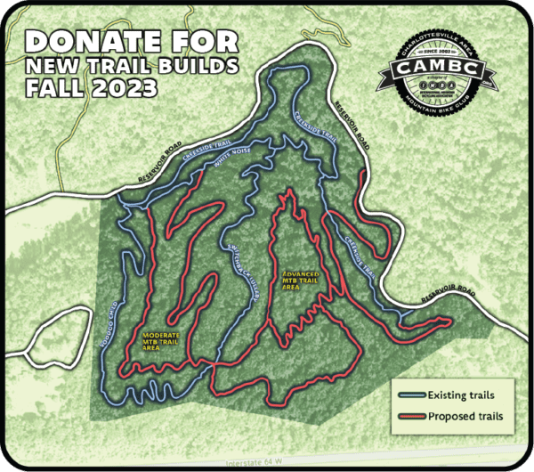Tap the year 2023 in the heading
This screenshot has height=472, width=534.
[x=118, y=88]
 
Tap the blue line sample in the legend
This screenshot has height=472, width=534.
[x=410, y=395]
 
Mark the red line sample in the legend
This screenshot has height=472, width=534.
[x=410, y=415]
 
